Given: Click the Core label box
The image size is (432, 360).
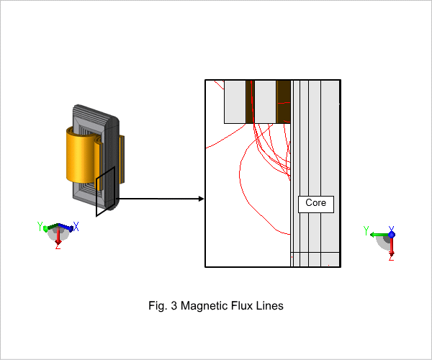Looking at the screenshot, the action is coord(316,204).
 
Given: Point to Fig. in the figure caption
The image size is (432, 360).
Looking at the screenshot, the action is coord(158,306).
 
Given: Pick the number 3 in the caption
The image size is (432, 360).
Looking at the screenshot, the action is coord(174,306).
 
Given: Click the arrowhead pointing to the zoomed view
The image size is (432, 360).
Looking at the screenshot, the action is coord(201,199).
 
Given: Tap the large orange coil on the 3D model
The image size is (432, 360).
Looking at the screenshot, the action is coord(81,156).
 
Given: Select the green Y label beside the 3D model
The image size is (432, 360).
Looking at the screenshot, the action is coord(40,226).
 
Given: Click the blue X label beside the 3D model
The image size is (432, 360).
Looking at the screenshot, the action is coord(76,226).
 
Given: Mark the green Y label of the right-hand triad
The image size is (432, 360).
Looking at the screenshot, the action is coord(366,230).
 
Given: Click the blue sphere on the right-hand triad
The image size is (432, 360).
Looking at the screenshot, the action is coord(392,235).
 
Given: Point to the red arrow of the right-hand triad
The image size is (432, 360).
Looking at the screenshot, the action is coord(392,246).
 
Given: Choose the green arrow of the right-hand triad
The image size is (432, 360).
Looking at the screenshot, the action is coord(379,235).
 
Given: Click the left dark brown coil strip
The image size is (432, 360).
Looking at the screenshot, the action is coord(250,102).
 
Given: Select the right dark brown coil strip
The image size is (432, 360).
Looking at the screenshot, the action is coord(283,102).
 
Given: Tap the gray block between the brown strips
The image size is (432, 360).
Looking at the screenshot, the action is coord(265,102).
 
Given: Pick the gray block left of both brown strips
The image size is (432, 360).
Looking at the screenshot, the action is coord(235,102).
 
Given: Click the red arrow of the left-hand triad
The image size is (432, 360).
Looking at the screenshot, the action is coord(58,235).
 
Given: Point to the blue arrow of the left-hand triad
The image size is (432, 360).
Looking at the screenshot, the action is coord(66,227).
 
